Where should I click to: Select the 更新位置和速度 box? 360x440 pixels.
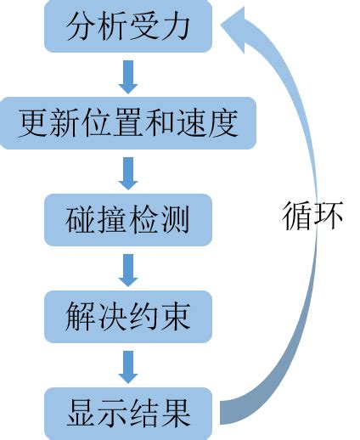pyautogui.click(x=128, y=124)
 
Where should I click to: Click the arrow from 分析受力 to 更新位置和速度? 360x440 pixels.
pyautogui.click(x=128, y=76)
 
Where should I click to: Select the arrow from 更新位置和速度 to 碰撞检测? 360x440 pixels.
pyautogui.click(x=128, y=173)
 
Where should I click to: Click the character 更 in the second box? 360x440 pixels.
pyautogui.click(x=31, y=124)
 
